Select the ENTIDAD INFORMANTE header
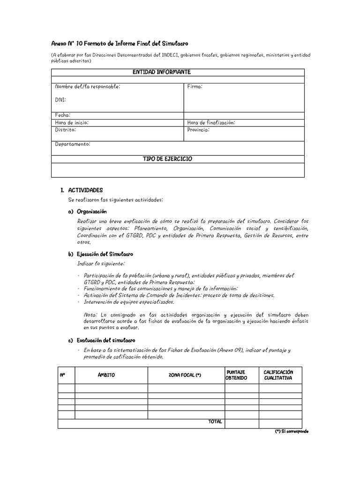161,72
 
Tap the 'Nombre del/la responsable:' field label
87,87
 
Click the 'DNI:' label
60,100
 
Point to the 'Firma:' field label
195,87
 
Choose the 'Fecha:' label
62,115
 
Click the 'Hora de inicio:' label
71,122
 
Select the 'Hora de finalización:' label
211,122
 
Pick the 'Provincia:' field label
198,129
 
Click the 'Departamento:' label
72,144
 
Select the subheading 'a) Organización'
88,211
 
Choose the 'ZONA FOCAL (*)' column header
185,375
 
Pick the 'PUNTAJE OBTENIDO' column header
236,375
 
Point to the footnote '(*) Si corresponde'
292,431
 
